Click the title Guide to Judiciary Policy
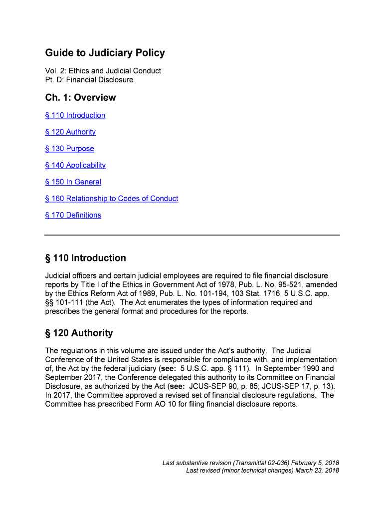[105, 53]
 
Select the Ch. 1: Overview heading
[80, 97]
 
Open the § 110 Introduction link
[75, 115]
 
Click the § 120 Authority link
[70, 132]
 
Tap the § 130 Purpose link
[69, 149]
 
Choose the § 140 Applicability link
[75, 165]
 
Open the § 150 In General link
[73, 182]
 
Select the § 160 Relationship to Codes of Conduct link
[112, 199]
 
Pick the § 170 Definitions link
[73, 215]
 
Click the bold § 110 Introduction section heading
[85, 258]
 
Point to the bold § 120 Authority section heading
[79, 333]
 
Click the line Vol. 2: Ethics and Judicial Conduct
[103, 71]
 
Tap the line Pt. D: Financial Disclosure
[89, 80]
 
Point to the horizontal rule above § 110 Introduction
[192, 235]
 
